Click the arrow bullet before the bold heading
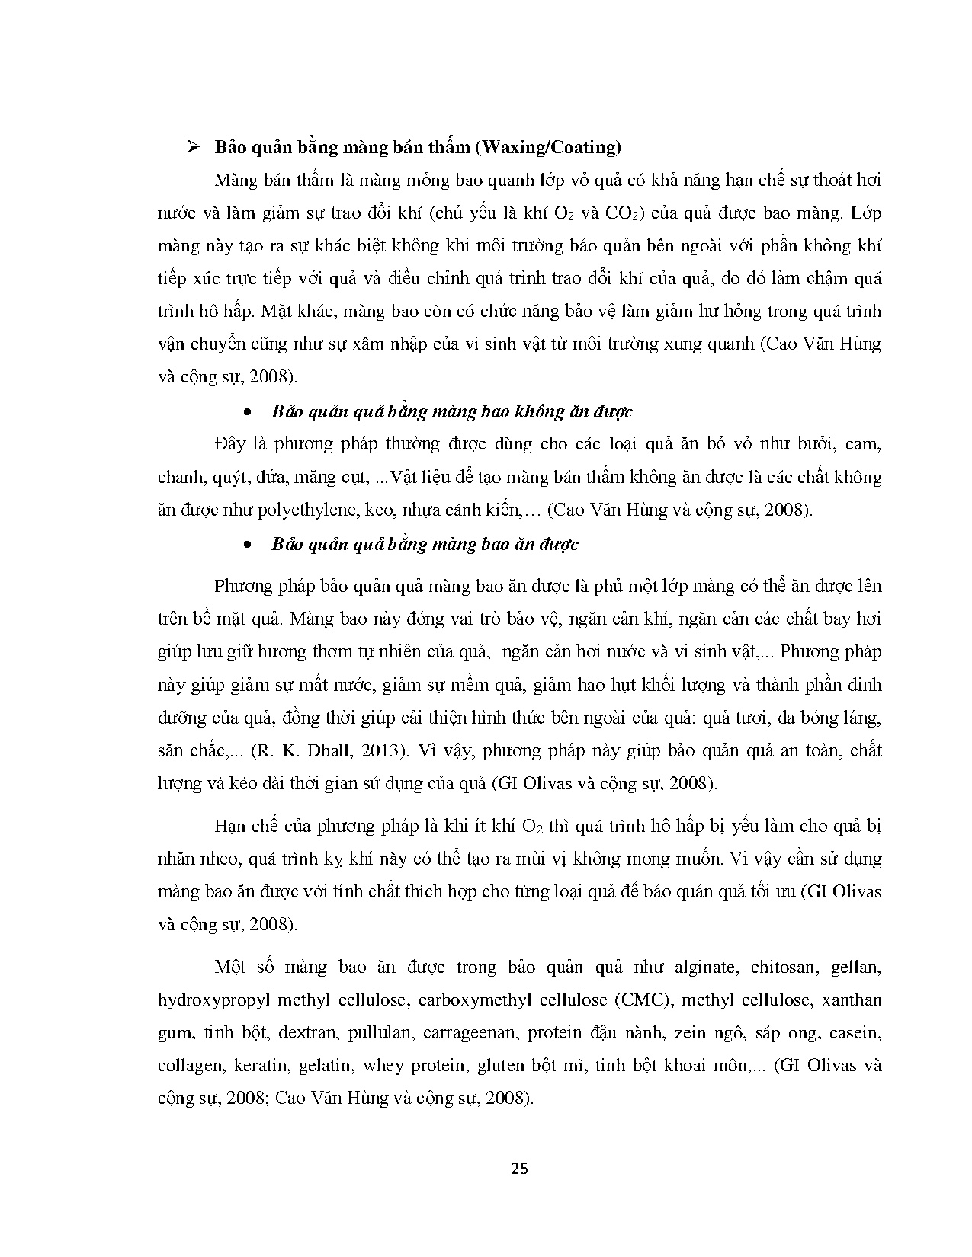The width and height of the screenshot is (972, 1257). pyautogui.click(x=193, y=147)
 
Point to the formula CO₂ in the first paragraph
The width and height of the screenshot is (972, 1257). pyautogui.click(x=624, y=213)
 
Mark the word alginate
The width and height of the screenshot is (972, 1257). pyautogui.click(x=705, y=968)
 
